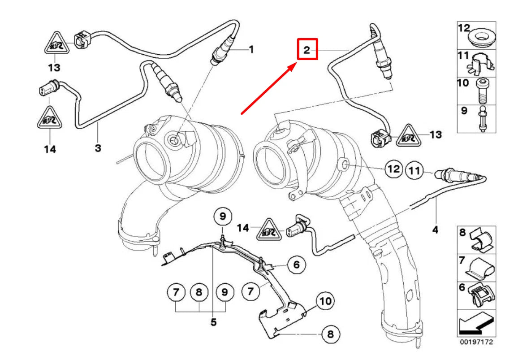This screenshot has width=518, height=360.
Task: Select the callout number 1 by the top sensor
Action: [251, 49]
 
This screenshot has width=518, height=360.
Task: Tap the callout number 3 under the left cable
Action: [98, 147]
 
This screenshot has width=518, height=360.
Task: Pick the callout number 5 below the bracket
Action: [213, 322]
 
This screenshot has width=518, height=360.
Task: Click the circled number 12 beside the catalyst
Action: [393, 169]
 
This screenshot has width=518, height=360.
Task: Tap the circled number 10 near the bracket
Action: [326, 301]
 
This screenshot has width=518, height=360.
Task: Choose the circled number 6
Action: [296, 265]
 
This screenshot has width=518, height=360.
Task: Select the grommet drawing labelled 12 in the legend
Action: [483, 38]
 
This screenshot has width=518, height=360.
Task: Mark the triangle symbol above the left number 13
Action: [55, 45]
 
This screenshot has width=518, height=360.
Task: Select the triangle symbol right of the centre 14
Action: [268, 230]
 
